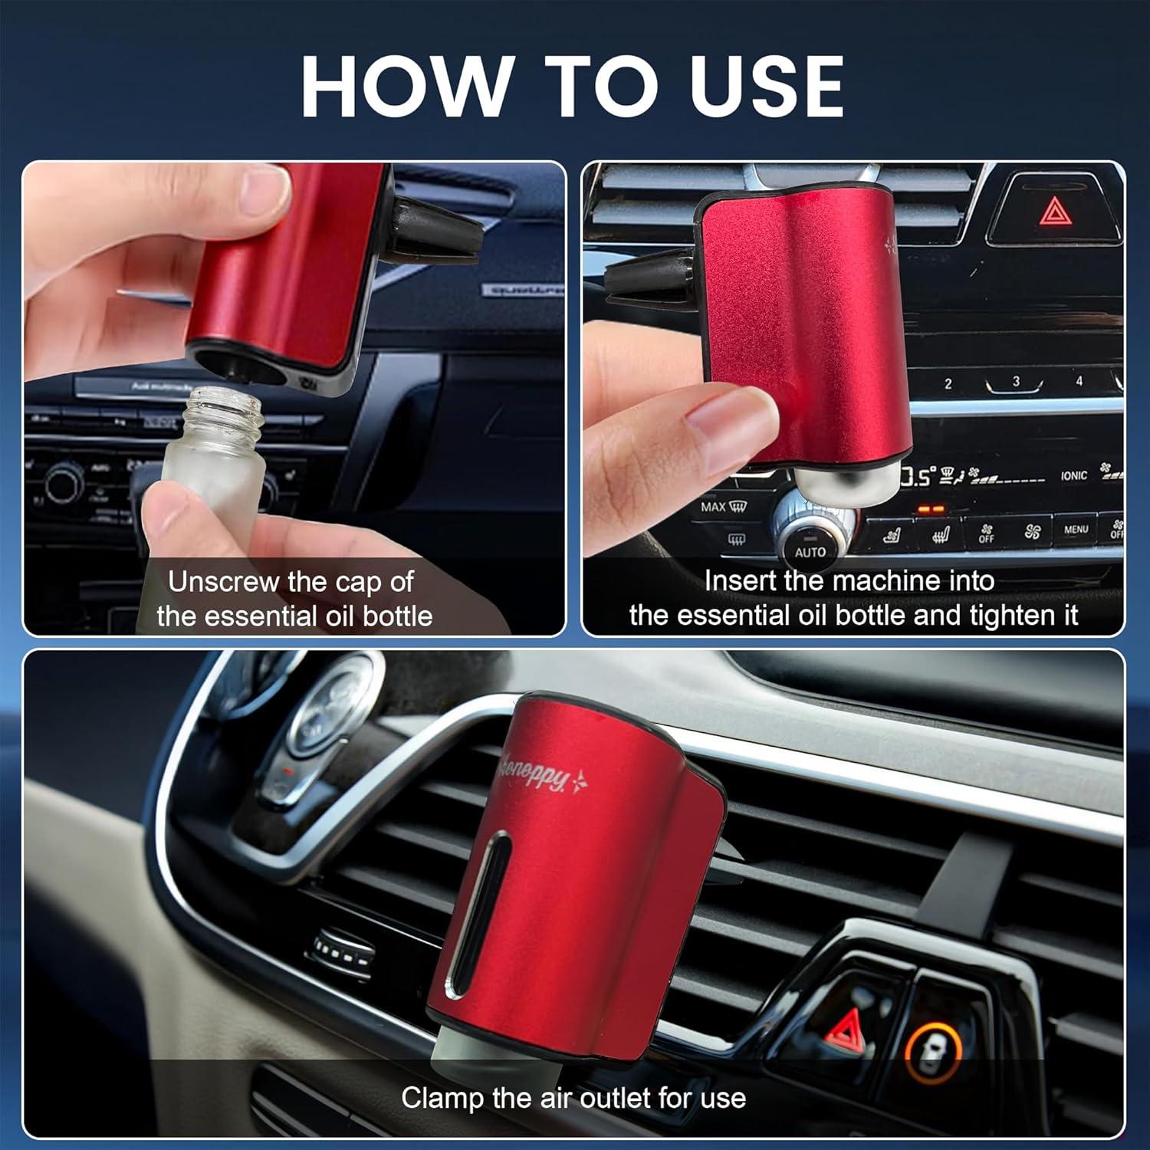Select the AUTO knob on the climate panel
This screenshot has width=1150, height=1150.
pyautogui.click(x=810, y=547)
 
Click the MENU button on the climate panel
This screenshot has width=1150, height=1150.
pyautogui.click(x=1076, y=529)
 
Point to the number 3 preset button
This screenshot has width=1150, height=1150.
pyautogui.click(x=1016, y=382)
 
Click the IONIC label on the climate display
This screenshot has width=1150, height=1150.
pyautogui.click(x=1074, y=476)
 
